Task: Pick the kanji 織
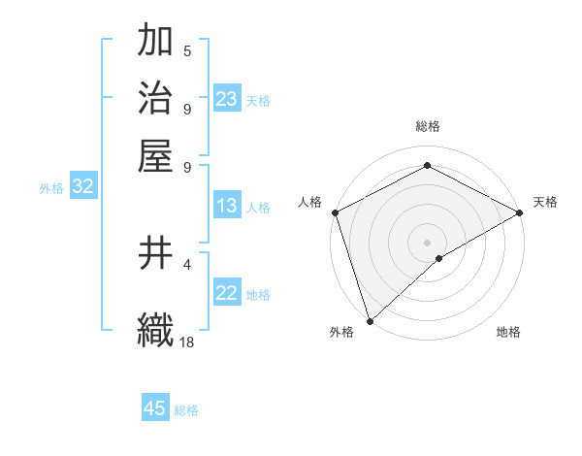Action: (155, 328)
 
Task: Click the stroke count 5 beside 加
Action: (187, 51)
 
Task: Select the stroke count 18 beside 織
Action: (187, 342)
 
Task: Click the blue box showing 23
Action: (226, 99)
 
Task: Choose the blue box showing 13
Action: (226, 206)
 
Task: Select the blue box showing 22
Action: (226, 294)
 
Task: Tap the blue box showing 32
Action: (82, 187)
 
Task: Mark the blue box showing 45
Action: (155, 408)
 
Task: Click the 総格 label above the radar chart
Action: (428, 127)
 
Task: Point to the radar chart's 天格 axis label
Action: (545, 202)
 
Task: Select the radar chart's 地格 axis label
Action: (508, 333)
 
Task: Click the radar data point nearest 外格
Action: (370, 321)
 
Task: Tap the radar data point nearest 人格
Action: (335, 212)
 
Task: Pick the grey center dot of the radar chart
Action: (428, 242)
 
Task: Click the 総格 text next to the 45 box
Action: (186, 410)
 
